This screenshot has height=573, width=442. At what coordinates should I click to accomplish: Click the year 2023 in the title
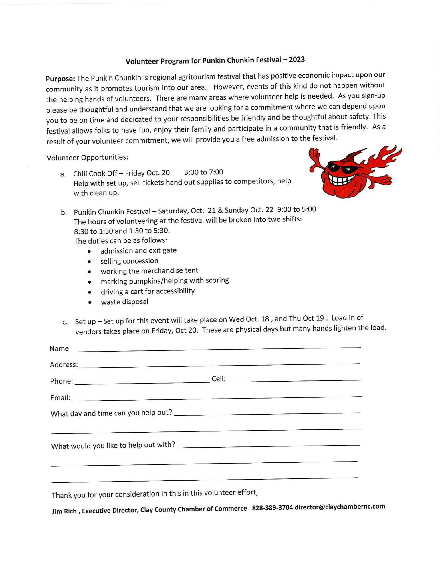click(x=297, y=60)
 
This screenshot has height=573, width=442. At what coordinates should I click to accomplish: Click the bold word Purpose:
click(x=60, y=79)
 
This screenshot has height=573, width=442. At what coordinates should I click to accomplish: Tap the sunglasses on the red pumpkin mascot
click(x=340, y=168)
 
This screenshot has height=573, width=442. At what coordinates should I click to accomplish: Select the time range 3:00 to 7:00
click(x=203, y=172)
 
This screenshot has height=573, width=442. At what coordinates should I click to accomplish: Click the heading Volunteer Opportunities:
click(x=88, y=158)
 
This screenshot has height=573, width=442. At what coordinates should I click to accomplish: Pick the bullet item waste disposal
click(x=124, y=302)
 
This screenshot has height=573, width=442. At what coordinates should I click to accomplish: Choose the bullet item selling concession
click(x=129, y=261)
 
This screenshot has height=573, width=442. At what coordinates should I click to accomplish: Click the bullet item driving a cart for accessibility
click(x=148, y=291)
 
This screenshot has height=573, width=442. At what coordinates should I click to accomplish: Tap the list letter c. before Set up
click(x=65, y=322)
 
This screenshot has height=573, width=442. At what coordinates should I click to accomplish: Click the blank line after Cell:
click(x=295, y=380)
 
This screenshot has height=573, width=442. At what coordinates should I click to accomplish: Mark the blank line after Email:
click(x=217, y=398)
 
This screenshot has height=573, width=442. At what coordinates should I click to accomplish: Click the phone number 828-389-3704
click(x=272, y=508)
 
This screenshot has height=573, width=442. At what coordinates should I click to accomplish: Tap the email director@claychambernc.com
click(x=340, y=507)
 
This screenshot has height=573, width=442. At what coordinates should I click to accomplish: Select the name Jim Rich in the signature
click(x=64, y=511)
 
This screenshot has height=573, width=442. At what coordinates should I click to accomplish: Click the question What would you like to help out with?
click(x=113, y=446)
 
